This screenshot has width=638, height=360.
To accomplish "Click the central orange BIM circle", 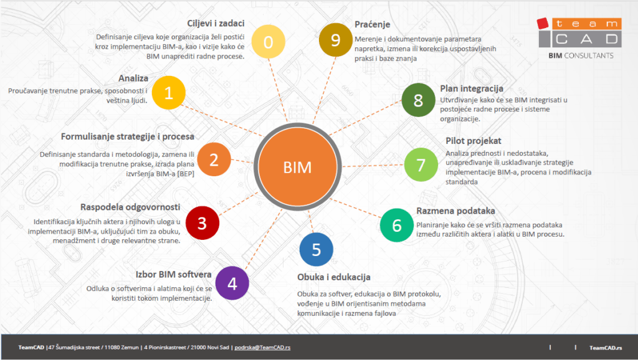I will tap(297, 167).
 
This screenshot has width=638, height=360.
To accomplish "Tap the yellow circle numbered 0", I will tap(269, 42).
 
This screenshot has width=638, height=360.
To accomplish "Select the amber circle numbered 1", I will tap(168, 93).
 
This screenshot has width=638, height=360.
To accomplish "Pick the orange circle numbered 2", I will tap(214, 160).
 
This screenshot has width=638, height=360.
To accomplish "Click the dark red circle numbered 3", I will tap(202, 222).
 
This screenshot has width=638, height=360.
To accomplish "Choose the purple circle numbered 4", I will tap(232, 283).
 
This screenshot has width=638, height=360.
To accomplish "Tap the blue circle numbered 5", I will tap(316, 249).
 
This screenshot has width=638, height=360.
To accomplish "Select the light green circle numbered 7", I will tap(421, 165).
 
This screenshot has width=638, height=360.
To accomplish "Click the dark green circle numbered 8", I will tap(418, 100).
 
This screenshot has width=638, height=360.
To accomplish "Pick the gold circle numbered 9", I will tap(335, 40).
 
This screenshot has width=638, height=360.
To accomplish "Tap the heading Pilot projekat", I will tap(474, 141).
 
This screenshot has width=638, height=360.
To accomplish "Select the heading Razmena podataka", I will tap(455, 211).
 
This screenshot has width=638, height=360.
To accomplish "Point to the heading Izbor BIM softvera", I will tap(174, 274).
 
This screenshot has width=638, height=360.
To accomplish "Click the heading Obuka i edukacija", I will tap(334, 277).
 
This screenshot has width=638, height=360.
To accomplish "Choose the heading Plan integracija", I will tap(472, 88).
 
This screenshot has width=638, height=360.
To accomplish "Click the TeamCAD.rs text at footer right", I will tap(605, 348).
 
